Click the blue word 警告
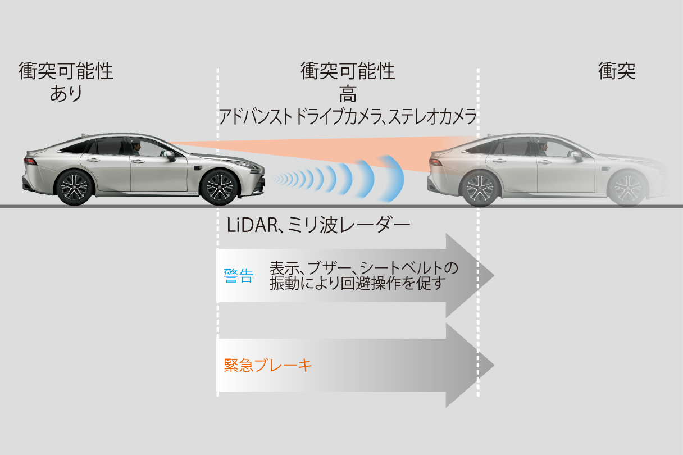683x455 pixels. click(238, 276)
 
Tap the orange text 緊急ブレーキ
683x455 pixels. click(267, 366)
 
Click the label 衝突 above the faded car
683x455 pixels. click(617, 71)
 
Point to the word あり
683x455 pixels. click(66, 93)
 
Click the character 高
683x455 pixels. click(348, 93)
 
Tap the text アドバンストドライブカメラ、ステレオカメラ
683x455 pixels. click(348, 117)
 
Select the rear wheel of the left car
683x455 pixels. click(74, 186)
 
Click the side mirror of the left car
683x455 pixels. click(170, 156)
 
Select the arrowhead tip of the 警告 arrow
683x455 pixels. click(493, 276)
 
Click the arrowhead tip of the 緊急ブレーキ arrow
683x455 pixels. click(493, 366)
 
